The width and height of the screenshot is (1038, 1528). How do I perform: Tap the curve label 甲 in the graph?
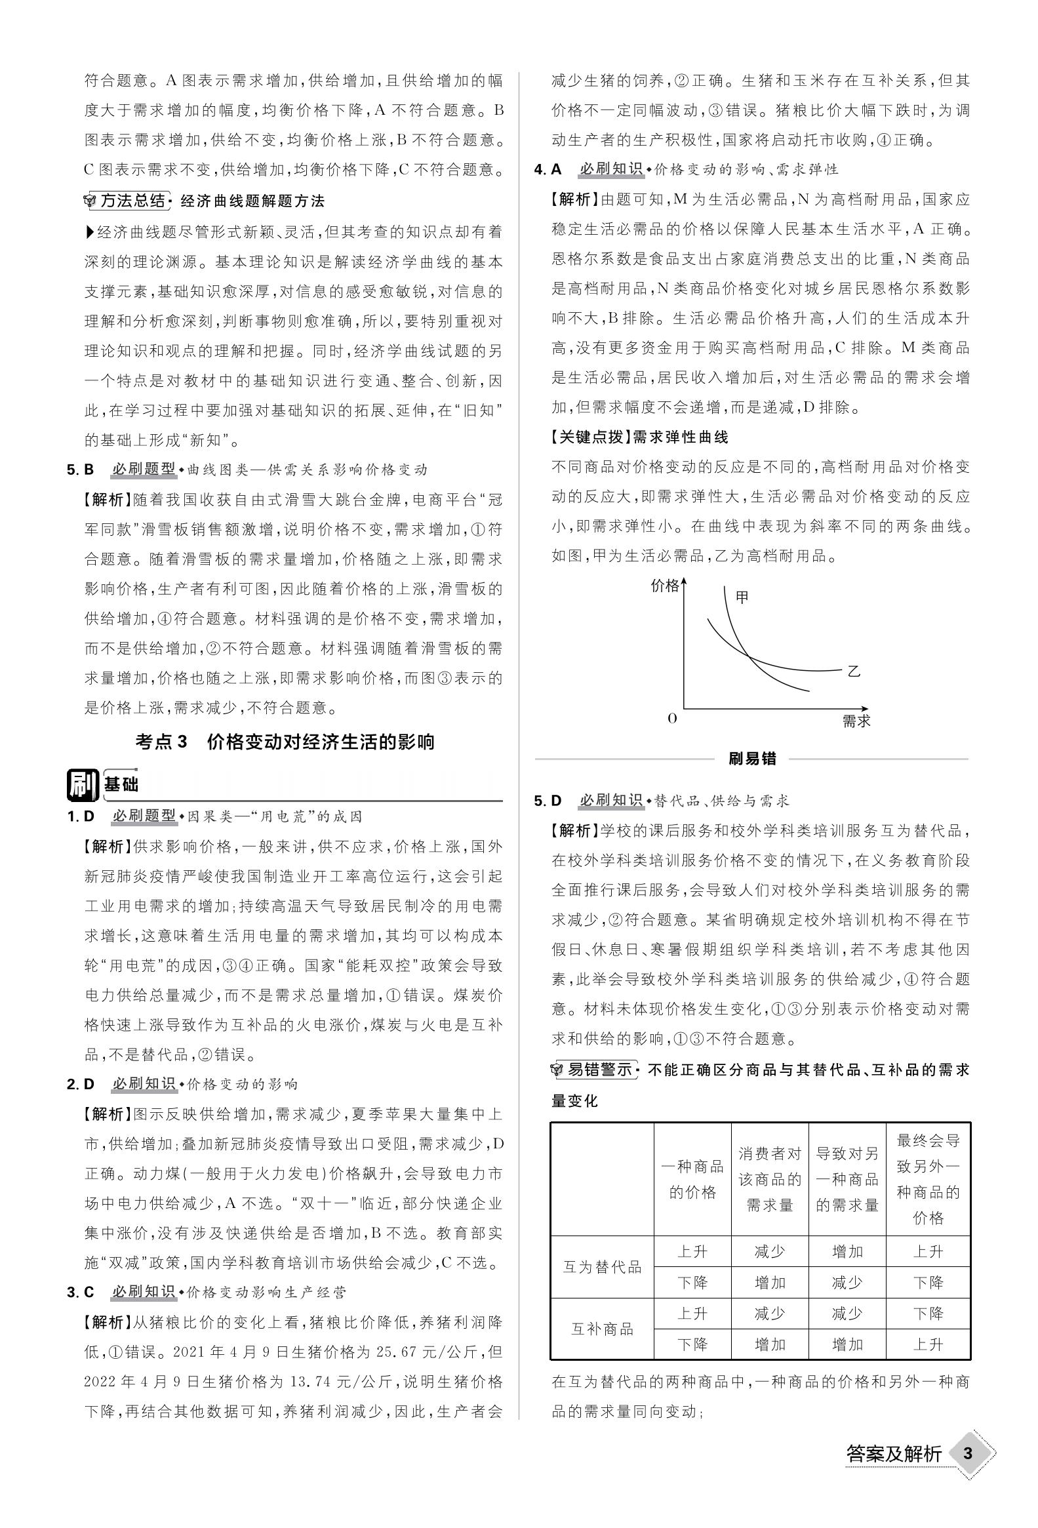click(x=742, y=597)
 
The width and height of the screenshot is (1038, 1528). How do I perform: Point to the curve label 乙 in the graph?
click(x=853, y=672)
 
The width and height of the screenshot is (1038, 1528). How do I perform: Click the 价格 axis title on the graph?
click(x=664, y=586)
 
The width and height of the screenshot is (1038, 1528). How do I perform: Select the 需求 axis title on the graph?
click(x=856, y=721)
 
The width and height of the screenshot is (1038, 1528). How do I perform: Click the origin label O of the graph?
click(x=672, y=719)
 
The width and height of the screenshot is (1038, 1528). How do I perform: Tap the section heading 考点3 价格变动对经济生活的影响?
click(x=285, y=742)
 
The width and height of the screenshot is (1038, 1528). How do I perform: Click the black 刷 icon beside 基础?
click(x=82, y=784)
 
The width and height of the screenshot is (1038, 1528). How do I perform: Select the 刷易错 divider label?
click(x=752, y=759)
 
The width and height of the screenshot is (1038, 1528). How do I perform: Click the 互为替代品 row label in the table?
click(x=602, y=1267)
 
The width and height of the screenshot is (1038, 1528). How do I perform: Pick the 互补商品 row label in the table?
click(x=602, y=1329)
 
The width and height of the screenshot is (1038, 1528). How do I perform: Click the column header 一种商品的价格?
click(x=692, y=1179)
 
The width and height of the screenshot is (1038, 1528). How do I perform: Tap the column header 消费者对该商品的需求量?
click(x=770, y=1179)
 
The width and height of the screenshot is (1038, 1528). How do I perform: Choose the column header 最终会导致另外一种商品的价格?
click(x=928, y=1179)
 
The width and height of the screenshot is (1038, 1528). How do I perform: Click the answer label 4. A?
click(x=548, y=170)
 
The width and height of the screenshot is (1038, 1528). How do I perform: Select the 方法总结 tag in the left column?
click(x=133, y=201)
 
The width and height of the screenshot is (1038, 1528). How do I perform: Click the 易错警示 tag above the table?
click(x=599, y=1070)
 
